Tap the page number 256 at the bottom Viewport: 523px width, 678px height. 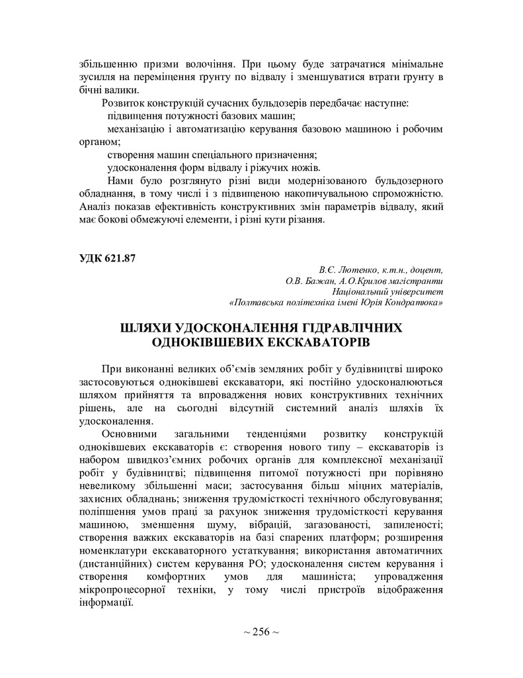[x=261, y=632]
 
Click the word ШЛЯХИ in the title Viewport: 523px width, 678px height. [x=150, y=328]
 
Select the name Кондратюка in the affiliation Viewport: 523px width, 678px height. [x=413, y=303]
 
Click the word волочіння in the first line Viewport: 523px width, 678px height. [x=207, y=66]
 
